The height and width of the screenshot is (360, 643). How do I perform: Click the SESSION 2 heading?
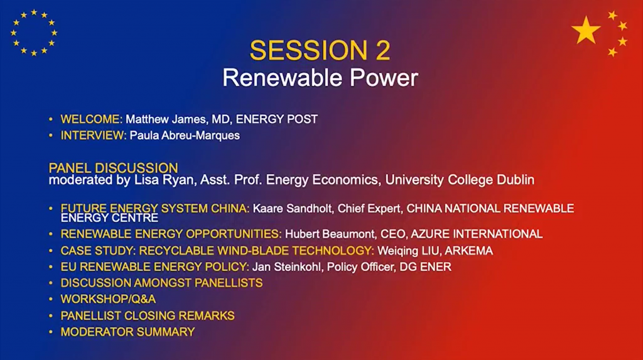[x=320, y=50]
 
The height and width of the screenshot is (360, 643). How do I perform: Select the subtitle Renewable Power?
[x=320, y=77]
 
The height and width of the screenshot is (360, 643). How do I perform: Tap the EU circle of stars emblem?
[x=34, y=33]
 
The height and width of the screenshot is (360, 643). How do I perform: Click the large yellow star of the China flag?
[x=586, y=30]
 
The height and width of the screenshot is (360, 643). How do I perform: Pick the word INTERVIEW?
[x=94, y=136]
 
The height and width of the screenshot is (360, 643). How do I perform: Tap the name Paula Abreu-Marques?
[x=185, y=136]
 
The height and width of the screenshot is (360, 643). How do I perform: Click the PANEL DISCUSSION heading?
[x=113, y=168]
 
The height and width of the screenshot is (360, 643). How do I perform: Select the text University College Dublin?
[x=460, y=180]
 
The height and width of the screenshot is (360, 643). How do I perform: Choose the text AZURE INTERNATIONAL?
[x=477, y=234]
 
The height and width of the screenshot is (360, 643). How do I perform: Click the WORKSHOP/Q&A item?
[x=108, y=299]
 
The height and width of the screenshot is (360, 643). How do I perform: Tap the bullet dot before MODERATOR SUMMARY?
[x=51, y=332]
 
